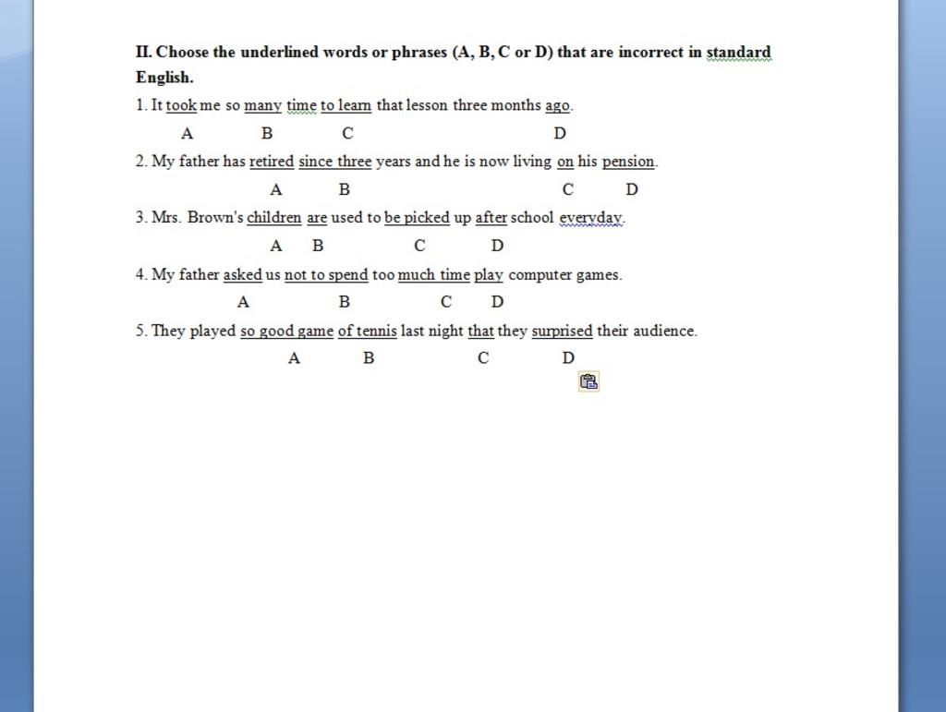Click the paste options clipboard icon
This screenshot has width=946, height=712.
[588, 380]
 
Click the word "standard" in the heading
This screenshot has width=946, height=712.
[738, 53]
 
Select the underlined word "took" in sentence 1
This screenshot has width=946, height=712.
[181, 105]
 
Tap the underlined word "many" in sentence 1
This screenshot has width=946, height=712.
[262, 105]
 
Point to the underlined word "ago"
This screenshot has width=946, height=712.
[557, 105]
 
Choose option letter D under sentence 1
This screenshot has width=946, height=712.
[560, 133]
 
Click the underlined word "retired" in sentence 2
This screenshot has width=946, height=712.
[272, 162]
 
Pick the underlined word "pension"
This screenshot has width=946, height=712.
[628, 162]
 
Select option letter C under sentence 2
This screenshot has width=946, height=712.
[567, 189]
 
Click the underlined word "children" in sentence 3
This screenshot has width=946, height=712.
[273, 218]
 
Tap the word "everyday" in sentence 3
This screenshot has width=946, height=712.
[591, 218]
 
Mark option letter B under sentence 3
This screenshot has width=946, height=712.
[318, 246]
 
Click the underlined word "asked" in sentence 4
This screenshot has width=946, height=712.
[242, 274]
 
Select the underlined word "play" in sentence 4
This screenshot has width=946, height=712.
[489, 274]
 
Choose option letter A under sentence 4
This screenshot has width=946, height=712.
[243, 302]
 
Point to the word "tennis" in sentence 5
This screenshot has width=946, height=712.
[376, 331]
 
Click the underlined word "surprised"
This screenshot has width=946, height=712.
[562, 331]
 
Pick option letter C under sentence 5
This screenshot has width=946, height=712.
[483, 358]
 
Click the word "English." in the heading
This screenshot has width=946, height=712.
[164, 78]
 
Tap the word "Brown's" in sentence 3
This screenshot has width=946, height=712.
[215, 218]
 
